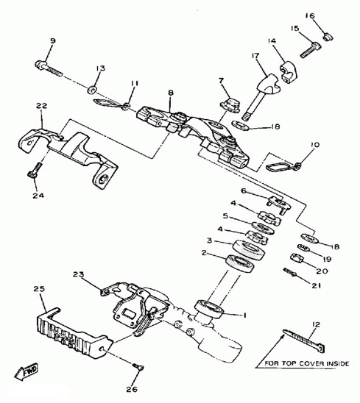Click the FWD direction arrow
point(27,371)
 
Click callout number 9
point(52,41)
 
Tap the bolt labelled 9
point(49,68)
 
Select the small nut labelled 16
point(328,37)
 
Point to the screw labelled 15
point(311,50)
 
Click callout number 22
point(42,106)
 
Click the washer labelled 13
point(91,90)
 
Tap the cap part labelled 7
point(230,105)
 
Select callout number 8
point(171,93)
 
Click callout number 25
point(39,288)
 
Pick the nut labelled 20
point(297,258)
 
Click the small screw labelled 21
point(290,272)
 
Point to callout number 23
point(78,274)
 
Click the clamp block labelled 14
point(288,71)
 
